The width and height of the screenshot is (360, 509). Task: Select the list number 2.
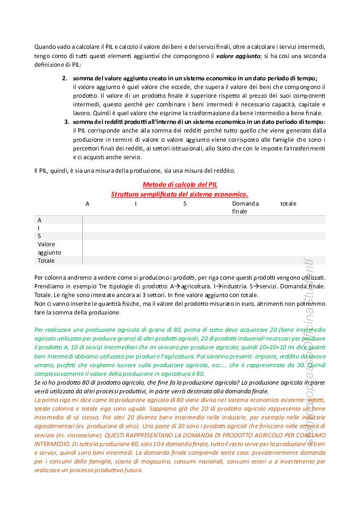(65, 78)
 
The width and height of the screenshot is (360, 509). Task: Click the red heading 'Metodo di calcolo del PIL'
(180, 185)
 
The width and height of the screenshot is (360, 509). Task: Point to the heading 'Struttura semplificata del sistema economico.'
(180, 194)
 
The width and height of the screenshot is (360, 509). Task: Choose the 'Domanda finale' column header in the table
(245, 207)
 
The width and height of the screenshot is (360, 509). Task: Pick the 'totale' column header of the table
(288, 204)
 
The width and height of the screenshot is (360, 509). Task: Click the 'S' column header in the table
(185, 204)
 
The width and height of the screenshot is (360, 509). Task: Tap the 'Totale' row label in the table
(46, 260)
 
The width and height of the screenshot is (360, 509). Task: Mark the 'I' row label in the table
(39, 228)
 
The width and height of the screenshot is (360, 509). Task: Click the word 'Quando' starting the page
(45, 47)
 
